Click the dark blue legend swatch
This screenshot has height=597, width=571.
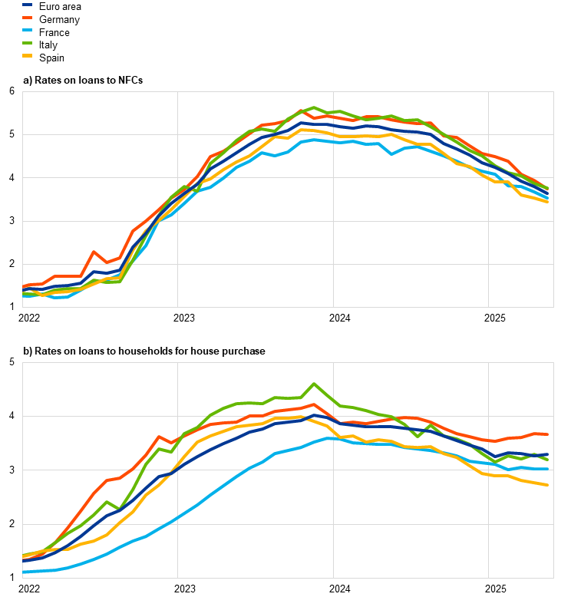(x=28, y=5)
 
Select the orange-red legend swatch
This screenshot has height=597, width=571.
(x=28, y=17)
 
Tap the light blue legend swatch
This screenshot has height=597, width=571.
(x=28, y=30)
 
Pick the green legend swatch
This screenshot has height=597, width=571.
(x=28, y=43)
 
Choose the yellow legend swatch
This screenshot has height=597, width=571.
(x=28, y=56)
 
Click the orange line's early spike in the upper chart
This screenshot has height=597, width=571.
(x=94, y=252)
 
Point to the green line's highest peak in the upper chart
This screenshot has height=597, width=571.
(x=314, y=107)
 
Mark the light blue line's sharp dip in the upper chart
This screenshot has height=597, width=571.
(x=391, y=154)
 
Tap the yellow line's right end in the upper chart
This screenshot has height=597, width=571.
(x=547, y=201)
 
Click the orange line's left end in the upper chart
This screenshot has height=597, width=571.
(x=24, y=287)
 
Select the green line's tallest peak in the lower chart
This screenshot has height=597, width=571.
(x=314, y=384)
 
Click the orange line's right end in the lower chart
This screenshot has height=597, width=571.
(x=547, y=434)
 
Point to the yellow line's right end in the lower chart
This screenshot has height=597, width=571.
(x=547, y=485)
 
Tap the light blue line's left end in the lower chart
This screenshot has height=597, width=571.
(x=24, y=572)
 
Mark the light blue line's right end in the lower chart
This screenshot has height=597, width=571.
(x=547, y=468)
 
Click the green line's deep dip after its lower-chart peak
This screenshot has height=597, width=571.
(x=417, y=436)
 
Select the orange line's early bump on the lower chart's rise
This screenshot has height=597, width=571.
(x=158, y=437)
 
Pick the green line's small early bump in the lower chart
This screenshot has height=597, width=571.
(x=107, y=502)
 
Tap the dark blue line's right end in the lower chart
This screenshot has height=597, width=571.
(x=547, y=454)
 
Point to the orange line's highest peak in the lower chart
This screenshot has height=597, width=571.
(x=314, y=404)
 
